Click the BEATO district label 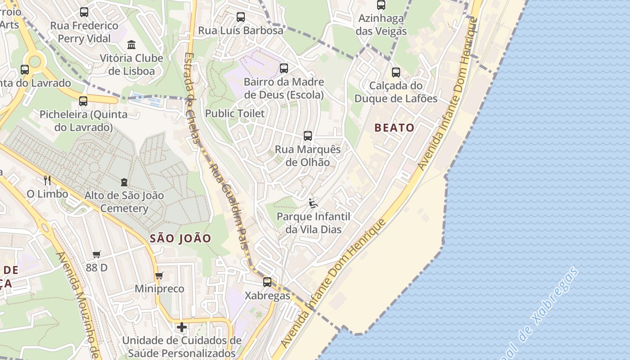coord(394,128)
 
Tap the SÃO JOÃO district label coord(180,238)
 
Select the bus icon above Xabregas coord(267,282)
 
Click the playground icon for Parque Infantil coord(313,203)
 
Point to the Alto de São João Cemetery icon coord(124,182)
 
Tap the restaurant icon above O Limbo coord(47,180)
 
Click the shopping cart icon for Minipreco coord(159,275)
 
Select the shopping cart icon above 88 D coord(96,254)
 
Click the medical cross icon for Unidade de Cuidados coord(182,327)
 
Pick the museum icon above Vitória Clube coord(131,45)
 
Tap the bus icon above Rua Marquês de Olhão coord(308,136)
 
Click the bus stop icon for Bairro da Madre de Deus coord(284,68)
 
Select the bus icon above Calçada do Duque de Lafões coord(396,72)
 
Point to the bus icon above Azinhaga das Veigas coord(381,5)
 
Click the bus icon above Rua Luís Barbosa coord(241,17)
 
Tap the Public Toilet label coord(235,113)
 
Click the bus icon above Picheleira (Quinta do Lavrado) coord(83,101)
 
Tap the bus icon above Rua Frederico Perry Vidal coord(84,12)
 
